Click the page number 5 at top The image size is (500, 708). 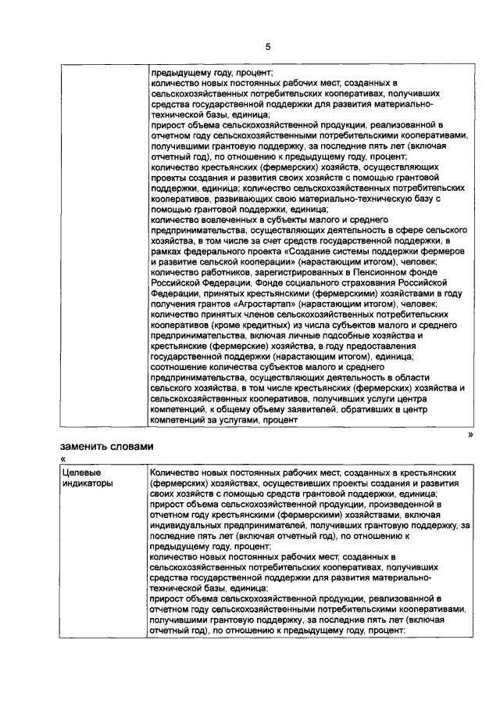point(267,47)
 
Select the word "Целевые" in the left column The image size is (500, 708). point(80,473)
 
